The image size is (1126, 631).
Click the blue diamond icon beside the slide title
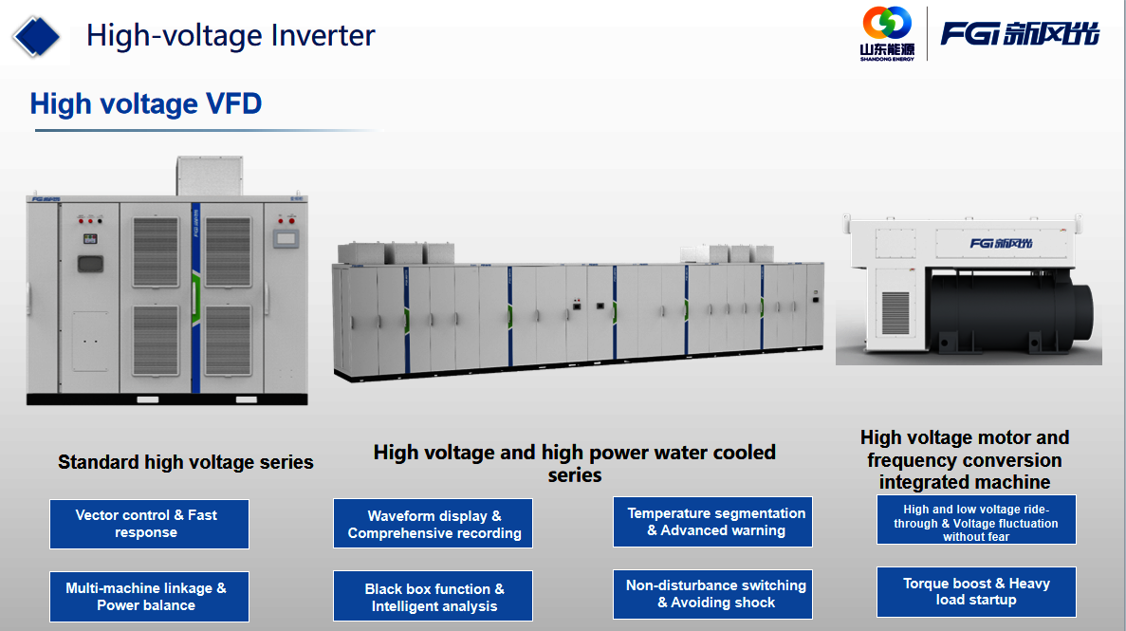(x=37, y=37)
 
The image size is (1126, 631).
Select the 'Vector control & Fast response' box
(x=149, y=524)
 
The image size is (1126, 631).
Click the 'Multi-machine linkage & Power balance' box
(x=149, y=597)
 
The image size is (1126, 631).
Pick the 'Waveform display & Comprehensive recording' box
(x=433, y=524)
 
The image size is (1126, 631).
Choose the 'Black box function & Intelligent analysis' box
(x=433, y=596)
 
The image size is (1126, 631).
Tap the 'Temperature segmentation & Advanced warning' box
(x=713, y=522)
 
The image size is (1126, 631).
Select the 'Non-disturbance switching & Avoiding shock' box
(x=713, y=594)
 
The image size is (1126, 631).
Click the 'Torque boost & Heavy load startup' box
(x=977, y=592)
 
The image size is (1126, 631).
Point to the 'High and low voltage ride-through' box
(x=977, y=519)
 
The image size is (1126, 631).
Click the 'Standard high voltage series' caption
(x=186, y=462)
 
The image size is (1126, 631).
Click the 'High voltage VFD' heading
(x=146, y=104)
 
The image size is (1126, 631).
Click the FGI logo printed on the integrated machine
(x=1001, y=243)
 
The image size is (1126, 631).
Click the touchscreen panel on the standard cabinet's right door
(x=286, y=238)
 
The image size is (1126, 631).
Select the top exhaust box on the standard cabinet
(x=210, y=176)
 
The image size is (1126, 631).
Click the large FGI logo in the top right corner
(x=1020, y=33)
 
